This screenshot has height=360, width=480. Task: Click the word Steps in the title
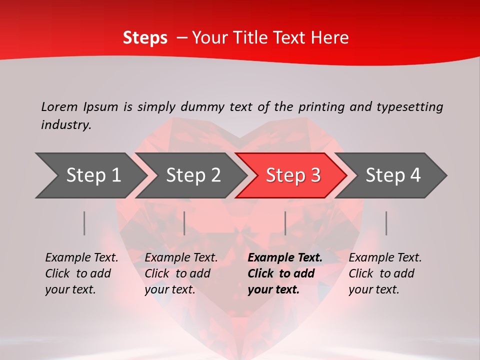point(145,38)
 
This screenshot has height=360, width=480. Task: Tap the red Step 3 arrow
point(292,175)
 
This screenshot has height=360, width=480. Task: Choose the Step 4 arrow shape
point(392,175)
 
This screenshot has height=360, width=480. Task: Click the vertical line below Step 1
point(84,223)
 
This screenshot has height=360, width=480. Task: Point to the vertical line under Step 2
point(184,223)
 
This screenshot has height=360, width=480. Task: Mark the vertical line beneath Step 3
point(285,223)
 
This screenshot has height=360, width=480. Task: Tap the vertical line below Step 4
point(386,223)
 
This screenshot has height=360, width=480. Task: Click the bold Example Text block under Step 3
point(285,273)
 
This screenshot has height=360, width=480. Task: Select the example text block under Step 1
point(81,273)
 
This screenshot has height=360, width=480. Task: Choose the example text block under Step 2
point(181,273)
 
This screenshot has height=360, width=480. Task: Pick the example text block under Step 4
point(385,273)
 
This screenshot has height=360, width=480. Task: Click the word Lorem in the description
point(59,107)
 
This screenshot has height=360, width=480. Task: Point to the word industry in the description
point(65,125)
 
